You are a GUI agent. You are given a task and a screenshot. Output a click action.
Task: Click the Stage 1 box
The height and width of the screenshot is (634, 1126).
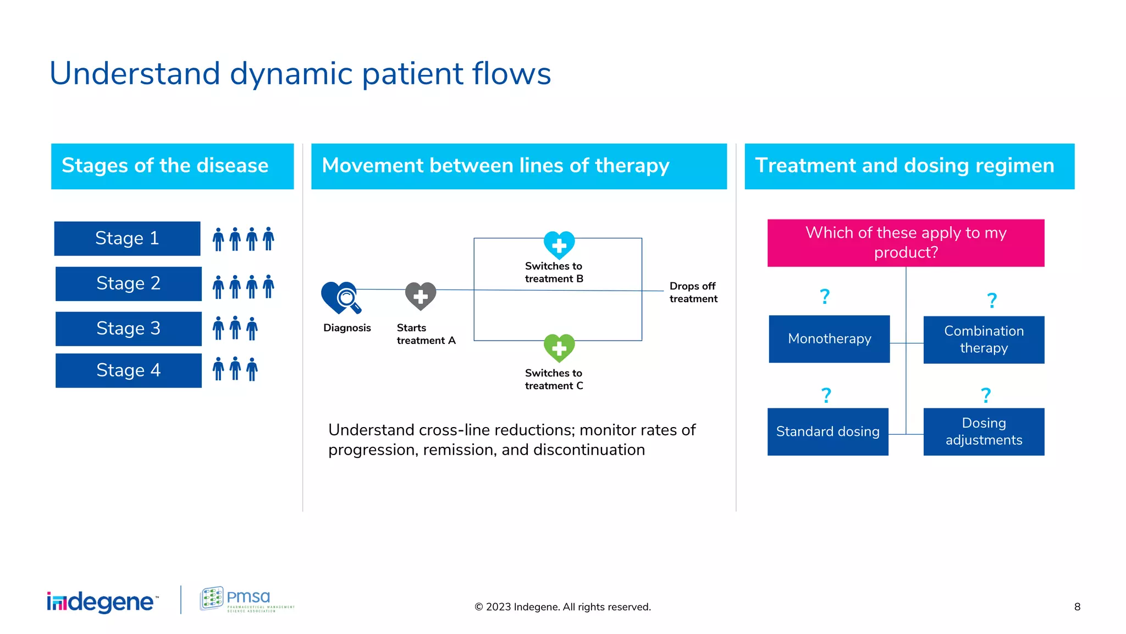[127, 238]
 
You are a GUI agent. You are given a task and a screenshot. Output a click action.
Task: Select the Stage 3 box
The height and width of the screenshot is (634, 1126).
[128, 329]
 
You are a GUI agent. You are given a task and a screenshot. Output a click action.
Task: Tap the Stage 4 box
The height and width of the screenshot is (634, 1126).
[128, 370]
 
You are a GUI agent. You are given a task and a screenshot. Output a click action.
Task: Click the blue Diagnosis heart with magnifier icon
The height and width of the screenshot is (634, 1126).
[340, 298]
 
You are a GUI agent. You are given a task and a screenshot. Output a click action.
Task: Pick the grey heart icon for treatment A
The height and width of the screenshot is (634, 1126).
[421, 296]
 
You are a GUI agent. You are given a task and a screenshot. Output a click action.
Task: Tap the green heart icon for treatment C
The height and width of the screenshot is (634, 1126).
[559, 348]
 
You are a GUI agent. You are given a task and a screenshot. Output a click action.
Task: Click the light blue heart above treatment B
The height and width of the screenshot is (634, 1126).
[559, 245]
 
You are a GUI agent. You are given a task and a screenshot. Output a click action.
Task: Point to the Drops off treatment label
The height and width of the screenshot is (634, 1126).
[693, 292]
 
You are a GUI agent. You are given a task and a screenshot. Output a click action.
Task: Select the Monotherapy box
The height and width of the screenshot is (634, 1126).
[829, 339]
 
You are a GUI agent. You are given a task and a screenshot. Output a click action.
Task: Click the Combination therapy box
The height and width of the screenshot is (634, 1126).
[984, 340]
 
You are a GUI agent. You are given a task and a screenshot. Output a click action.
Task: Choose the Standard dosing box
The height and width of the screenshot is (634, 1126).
[827, 431]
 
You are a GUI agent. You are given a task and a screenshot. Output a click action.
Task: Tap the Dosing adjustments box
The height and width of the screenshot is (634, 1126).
[984, 431]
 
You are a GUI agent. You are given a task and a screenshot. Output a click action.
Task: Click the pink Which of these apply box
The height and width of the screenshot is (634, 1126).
[906, 243]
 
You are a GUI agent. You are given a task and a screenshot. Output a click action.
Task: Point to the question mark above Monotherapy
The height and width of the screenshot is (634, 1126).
[825, 297]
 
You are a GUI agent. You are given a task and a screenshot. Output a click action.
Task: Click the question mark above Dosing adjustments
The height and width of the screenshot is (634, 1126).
[986, 395]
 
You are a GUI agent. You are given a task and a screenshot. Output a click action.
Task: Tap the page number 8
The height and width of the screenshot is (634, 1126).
[1077, 606]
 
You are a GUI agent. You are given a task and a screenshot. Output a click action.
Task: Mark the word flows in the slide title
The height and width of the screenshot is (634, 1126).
[511, 73]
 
